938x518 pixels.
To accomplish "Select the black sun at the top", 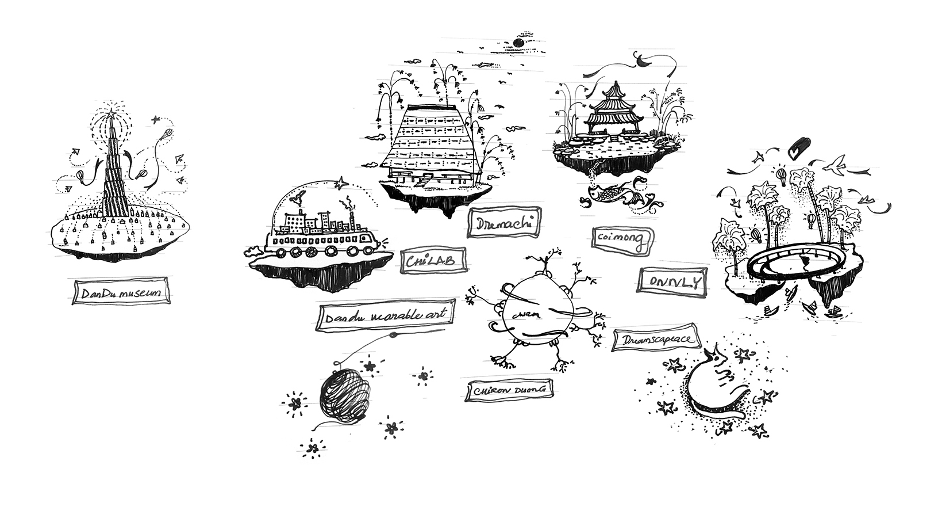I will [518, 42].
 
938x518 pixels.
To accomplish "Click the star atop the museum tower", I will [109, 113].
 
